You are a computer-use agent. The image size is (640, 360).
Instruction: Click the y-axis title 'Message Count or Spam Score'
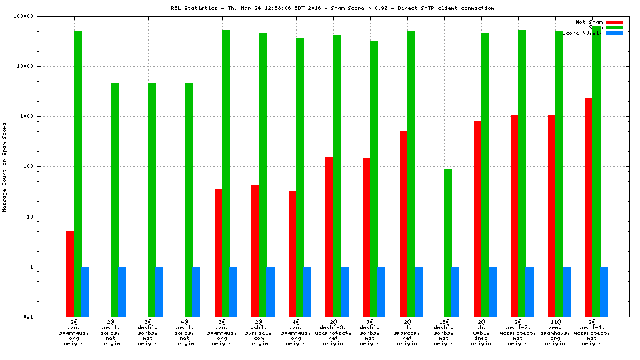click(x=5, y=167)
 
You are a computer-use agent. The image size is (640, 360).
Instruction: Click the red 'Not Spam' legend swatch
click(x=614, y=22)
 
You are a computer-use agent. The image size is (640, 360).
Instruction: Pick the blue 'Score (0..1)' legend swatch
click(x=614, y=33)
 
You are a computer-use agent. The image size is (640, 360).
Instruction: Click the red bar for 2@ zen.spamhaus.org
click(x=70, y=273)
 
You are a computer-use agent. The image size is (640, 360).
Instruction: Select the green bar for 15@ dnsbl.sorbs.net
click(x=448, y=243)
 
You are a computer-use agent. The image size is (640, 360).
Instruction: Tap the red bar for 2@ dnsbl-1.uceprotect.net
click(x=589, y=207)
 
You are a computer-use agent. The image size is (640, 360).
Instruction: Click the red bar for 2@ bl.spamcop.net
click(x=403, y=223)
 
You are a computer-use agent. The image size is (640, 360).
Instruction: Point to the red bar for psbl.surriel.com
click(x=255, y=251)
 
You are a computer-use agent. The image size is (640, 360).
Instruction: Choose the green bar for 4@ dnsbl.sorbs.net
click(x=189, y=200)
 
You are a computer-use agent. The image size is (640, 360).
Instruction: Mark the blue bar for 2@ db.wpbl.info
click(x=493, y=291)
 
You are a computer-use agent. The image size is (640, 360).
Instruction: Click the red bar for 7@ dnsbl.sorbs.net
click(x=367, y=237)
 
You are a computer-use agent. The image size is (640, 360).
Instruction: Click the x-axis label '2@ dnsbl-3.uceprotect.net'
click(x=333, y=333)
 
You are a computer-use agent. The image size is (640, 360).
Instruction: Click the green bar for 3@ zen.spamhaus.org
click(x=226, y=173)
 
